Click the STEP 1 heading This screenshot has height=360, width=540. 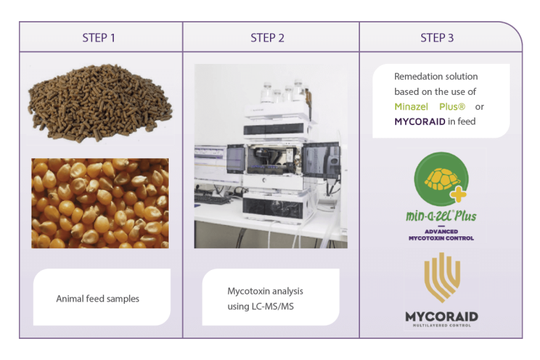tap(98, 37)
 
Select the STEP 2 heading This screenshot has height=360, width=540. tap(267, 37)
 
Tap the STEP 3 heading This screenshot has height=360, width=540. tap(437, 37)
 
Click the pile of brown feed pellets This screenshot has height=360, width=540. tap(101, 103)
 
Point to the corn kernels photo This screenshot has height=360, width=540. tap(101, 203)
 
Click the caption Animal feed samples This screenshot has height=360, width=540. tap(98, 299)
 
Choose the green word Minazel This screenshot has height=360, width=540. tap(411, 107)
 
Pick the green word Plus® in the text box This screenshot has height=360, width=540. tap(452, 107)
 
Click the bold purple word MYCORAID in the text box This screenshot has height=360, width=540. tap(420, 122)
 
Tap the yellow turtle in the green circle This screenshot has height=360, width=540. tap(442, 179)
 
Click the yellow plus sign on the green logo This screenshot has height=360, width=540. tap(458, 194)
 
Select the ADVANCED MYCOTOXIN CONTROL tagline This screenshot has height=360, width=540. tap(441, 235)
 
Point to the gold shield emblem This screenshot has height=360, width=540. tap(442, 278)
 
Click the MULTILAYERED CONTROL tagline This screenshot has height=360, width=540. tap(442, 326)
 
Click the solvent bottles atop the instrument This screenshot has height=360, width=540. tap(285, 92)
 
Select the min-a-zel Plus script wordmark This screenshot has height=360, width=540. tap(441, 216)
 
